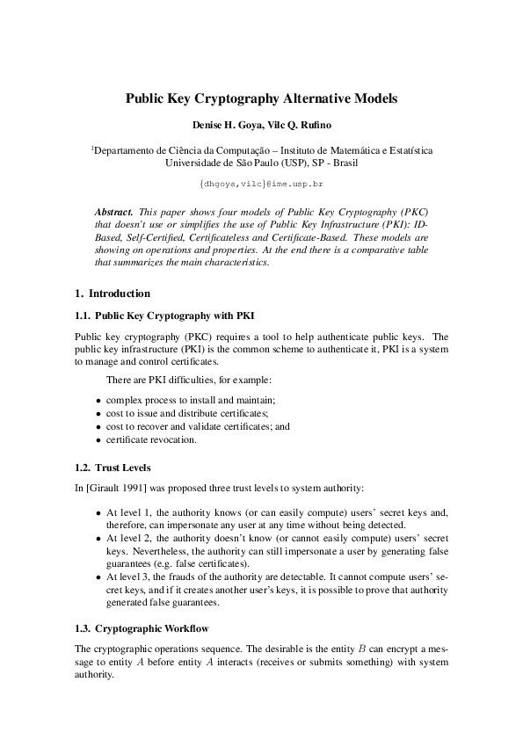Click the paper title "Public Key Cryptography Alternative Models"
point(261,99)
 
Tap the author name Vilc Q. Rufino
point(299,127)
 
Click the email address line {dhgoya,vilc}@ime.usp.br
point(261,185)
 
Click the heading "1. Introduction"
point(113,294)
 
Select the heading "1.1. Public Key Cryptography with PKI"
point(165,315)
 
